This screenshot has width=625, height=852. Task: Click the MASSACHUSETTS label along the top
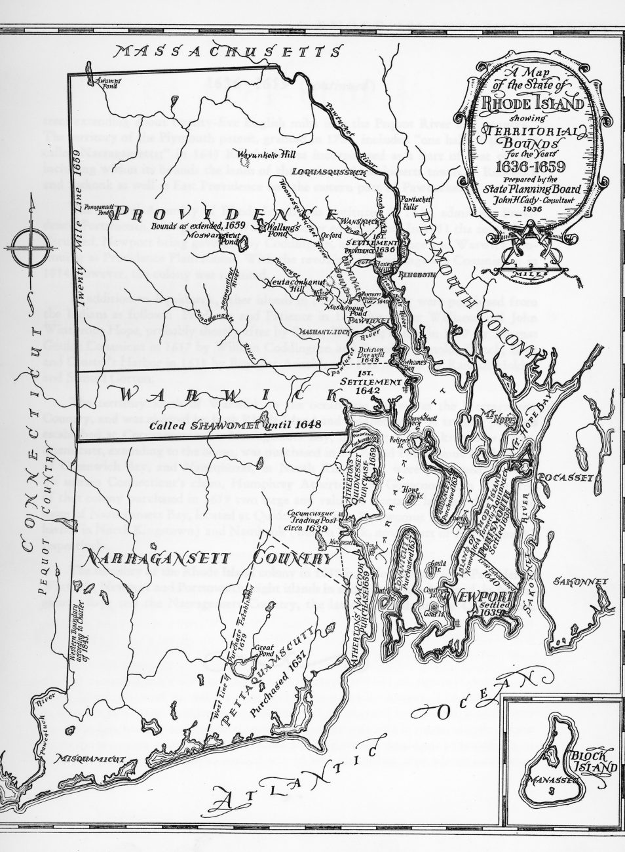tap(227, 52)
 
